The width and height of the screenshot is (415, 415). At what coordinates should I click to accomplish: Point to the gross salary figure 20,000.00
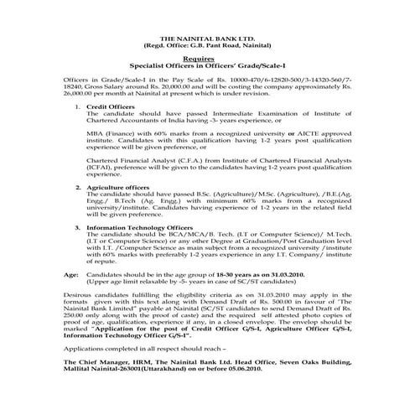click(184, 85)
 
